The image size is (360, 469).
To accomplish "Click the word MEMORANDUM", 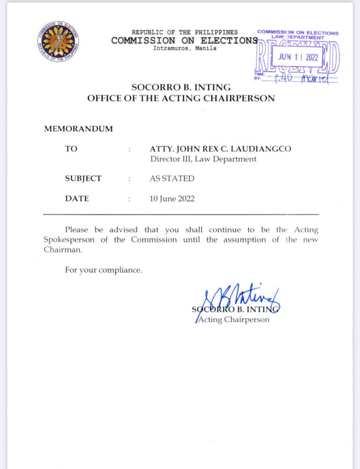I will point(78,129).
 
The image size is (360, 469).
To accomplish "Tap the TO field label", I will point(71,149).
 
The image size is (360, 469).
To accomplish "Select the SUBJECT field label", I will point(83,179).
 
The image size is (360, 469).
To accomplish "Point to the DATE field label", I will point(77,199).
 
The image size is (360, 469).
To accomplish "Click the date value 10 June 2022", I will point(172,199).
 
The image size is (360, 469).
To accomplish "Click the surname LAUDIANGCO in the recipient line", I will point(265,149).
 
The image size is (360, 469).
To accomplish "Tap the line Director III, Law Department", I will point(203,159).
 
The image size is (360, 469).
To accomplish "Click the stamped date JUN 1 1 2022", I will point(298,56).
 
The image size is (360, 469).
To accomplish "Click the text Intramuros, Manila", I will point(185,48).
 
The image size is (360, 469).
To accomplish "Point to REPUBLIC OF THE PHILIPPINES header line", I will point(184,32).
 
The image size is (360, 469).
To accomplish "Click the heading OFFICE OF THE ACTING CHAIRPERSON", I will point(181,98).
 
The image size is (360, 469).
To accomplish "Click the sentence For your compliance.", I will point(103,270).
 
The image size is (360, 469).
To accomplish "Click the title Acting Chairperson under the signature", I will point(233,320).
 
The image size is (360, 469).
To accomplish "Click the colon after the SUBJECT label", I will point(129,179).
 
